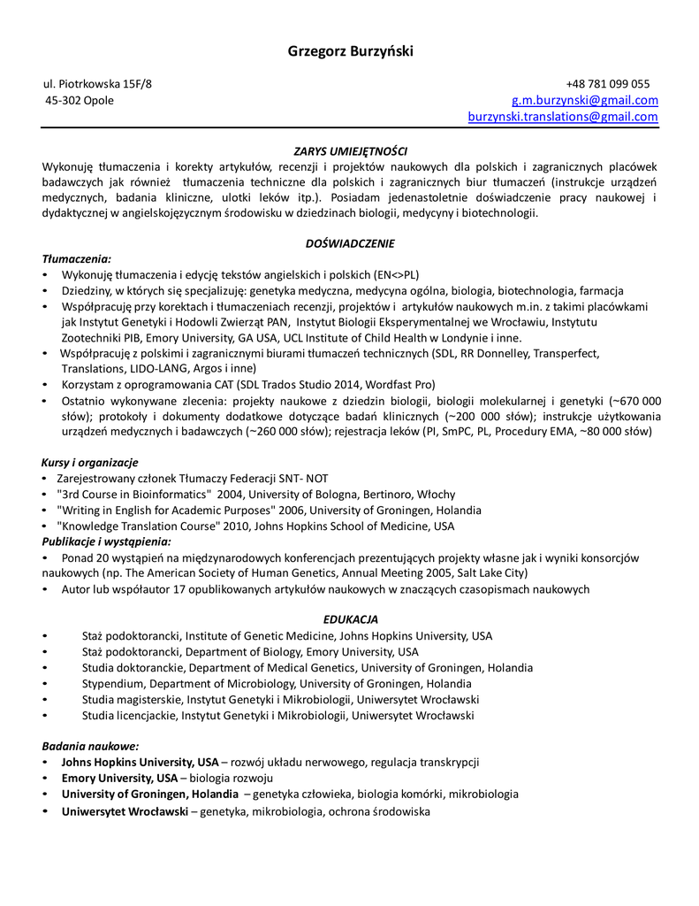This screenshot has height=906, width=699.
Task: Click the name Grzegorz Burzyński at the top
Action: point(350,50)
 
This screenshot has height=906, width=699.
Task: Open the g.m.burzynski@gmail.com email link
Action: point(585,100)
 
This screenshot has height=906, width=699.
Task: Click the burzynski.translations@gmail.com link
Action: point(563,116)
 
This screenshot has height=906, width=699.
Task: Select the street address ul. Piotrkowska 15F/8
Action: point(98,84)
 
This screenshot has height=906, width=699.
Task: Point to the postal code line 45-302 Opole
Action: point(80,100)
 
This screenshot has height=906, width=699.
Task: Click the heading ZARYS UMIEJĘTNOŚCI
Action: point(350,151)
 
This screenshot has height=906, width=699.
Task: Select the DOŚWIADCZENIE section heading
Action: point(350,243)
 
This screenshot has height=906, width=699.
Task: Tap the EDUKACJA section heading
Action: point(350,619)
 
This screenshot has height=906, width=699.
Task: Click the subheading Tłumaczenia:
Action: point(77,259)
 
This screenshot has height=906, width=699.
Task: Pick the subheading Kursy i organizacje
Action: point(90,463)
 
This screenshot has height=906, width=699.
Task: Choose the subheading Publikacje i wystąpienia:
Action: point(107,541)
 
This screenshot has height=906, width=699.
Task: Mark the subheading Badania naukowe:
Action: point(90,746)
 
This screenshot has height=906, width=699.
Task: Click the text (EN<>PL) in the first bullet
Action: point(397,274)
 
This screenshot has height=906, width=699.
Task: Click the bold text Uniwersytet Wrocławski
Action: point(125,810)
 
